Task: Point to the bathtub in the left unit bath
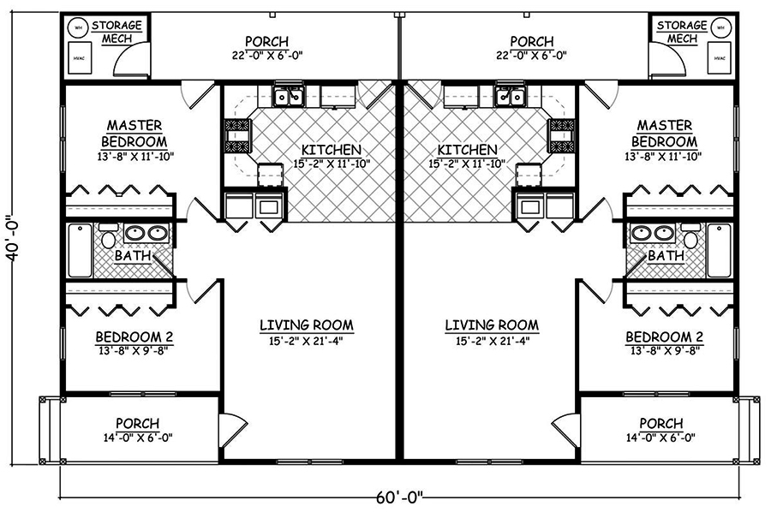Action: point(80,250)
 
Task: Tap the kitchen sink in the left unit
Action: point(288,96)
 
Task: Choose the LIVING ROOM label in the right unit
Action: point(492,325)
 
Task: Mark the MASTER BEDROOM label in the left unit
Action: point(134,134)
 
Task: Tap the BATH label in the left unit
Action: point(134,256)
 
